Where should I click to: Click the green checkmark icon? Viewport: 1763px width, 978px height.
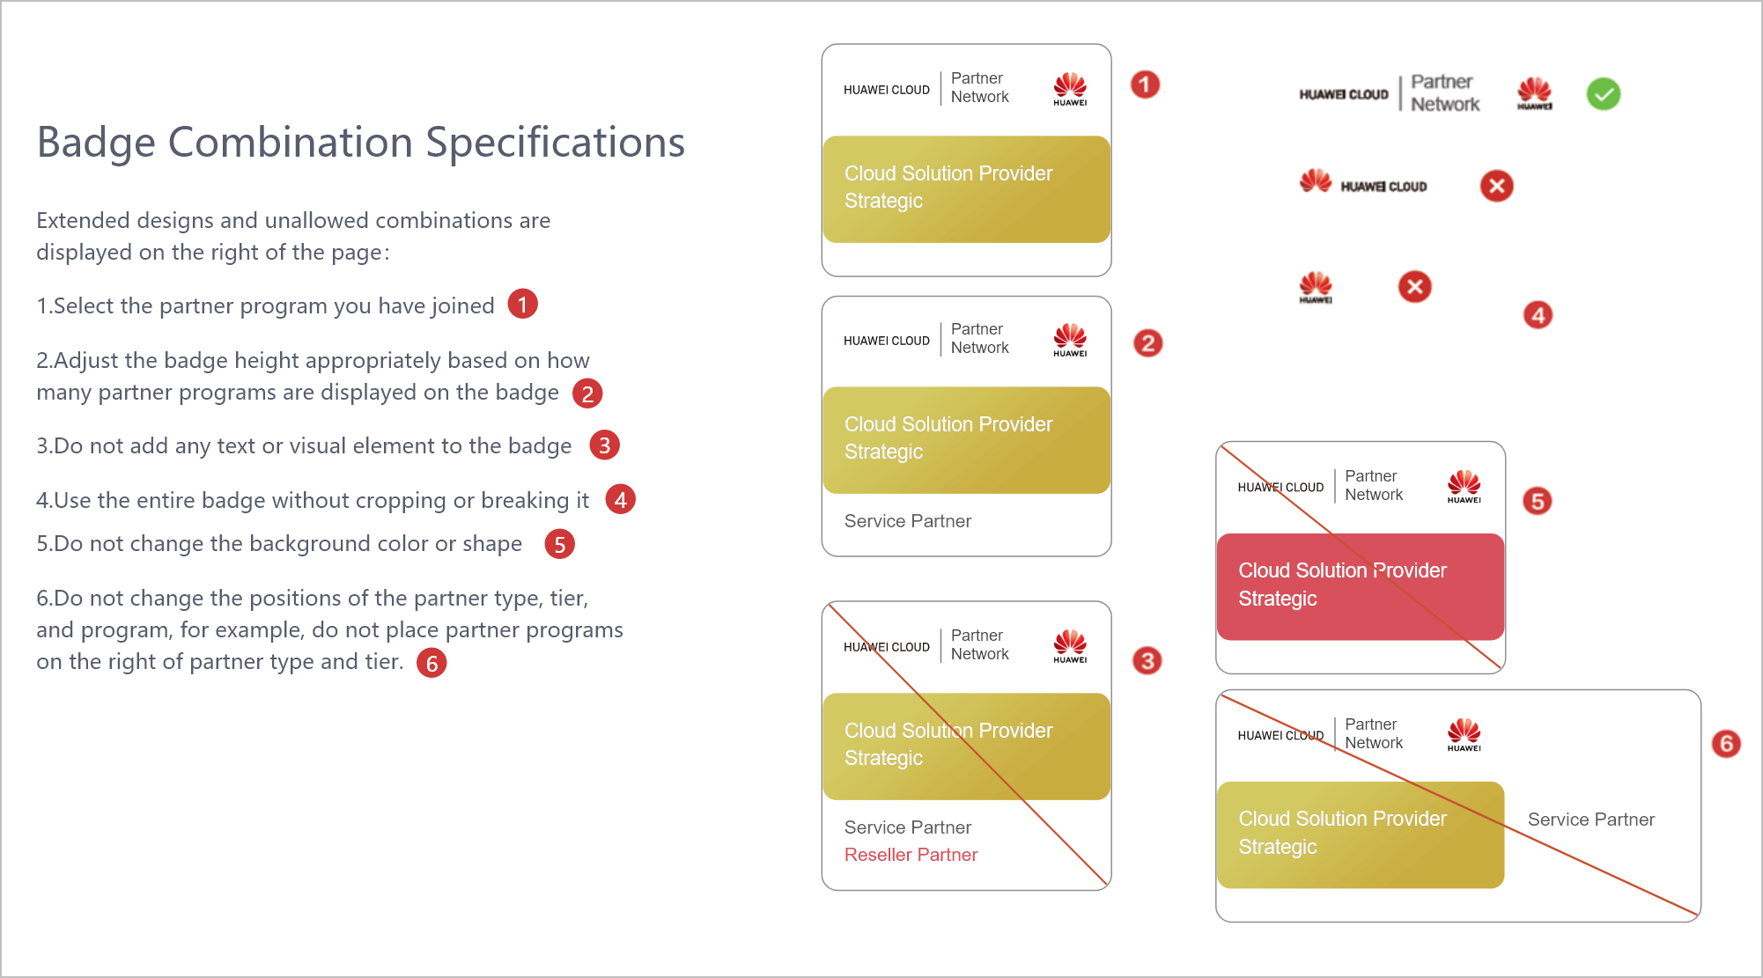(x=1604, y=94)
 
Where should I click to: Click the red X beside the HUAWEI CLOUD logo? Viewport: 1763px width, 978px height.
(x=1496, y=186)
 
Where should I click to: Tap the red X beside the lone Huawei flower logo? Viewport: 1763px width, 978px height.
(x=1415, y=286)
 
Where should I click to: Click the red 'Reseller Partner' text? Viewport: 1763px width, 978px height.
(x=911, y=855)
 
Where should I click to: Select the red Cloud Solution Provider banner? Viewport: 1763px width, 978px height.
(x=1361, y=586)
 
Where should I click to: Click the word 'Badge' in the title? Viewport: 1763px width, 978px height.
(x=96, y=143)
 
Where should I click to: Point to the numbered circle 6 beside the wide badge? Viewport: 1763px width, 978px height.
(x=1726, y=744)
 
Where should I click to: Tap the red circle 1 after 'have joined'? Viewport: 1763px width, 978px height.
(x=523, y=305)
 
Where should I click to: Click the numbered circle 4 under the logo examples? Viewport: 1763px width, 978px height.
(x=1538, y=315)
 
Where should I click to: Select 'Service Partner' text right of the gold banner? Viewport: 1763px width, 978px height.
(x=1591, y=820)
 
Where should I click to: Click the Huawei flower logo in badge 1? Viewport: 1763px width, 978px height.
(x=1070, y=89)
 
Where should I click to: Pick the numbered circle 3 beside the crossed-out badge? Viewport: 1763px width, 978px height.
(x=1147, y=660)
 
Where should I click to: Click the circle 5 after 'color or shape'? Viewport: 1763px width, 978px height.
(x=560, y=544)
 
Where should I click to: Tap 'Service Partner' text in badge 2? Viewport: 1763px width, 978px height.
(x=908, y=521)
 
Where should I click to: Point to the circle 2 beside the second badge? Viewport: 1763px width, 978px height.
(x=1147, y=342)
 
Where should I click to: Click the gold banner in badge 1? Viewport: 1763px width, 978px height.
(x=966, y=189)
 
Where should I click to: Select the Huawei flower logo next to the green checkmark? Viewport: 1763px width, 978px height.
(x=1534, y=93)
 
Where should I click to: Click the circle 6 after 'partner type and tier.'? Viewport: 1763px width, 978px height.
(x=432, y=663)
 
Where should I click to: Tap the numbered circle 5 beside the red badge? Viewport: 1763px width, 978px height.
(x=1538, y=501)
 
